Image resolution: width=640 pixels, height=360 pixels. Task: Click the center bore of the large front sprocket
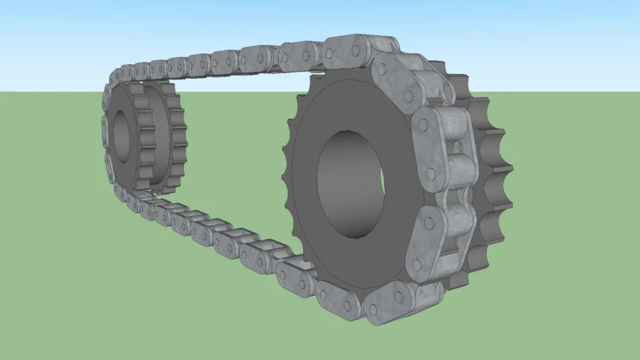pos(350,180)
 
